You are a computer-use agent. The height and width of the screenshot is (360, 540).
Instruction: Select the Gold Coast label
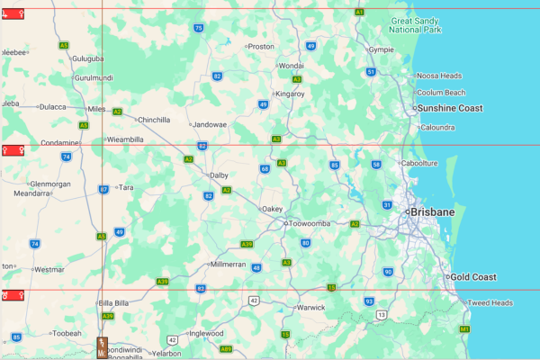(473, 277)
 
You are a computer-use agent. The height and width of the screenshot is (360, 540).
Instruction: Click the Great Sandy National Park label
(416, 24)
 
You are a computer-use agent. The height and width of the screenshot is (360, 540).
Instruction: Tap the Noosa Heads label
(439, 76)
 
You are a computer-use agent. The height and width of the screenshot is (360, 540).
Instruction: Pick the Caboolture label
(418, 163)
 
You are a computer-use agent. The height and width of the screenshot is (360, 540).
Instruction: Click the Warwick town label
(310, 307)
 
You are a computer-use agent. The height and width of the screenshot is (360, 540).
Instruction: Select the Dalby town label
(219, 175)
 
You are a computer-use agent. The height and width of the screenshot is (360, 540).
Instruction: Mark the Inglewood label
(207, 333)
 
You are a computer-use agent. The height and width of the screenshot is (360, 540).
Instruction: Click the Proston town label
(260, 46)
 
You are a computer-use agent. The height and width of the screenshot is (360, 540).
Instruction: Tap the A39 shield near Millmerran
(247, 244)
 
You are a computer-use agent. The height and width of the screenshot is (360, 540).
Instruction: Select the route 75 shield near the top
(198, 28)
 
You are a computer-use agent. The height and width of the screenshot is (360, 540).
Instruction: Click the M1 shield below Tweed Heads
(464, 330)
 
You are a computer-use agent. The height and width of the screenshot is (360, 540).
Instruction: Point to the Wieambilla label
(125, 140)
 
